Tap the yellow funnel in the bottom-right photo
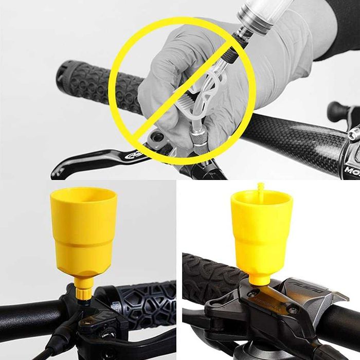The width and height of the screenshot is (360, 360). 262,231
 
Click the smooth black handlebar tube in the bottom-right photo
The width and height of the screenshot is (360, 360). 337,329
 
